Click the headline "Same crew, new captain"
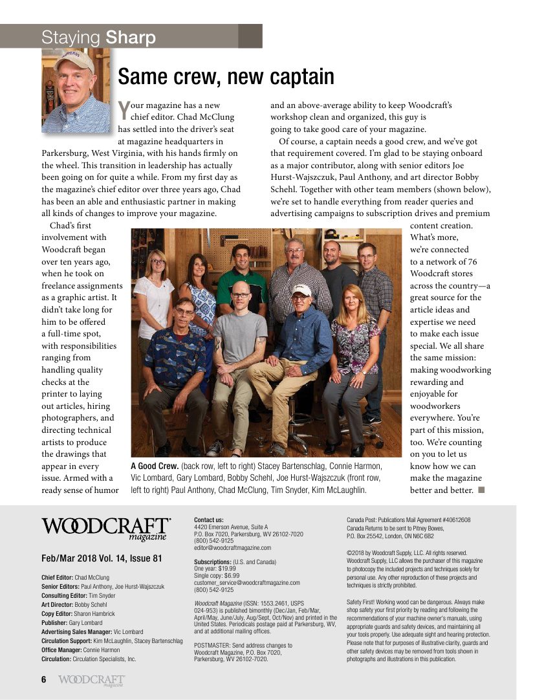pos(226,77)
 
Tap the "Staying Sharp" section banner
pos(98,38)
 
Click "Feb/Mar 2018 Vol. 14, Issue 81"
pos(101,558)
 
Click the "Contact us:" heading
pos(208,520)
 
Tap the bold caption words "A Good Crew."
pos(155,466)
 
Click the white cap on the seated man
pos(301,290)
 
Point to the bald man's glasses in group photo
pos(241,295)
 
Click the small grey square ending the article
pos(481,490)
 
